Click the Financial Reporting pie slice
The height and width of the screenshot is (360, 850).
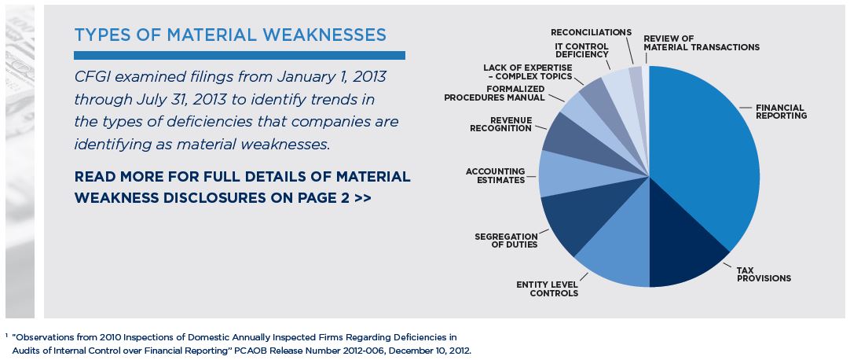tap(707, 157)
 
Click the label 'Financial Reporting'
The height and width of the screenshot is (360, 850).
tap(781, 111)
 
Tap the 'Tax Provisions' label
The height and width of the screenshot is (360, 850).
tap(763, 274)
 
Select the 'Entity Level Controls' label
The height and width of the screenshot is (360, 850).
tap(547, 288)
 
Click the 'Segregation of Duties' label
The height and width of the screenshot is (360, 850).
tap(506, 240)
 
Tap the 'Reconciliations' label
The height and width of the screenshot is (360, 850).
tap(591, 32)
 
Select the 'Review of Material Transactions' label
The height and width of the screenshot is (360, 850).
tap(701, 42)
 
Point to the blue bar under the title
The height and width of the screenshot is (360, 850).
tap(240, 56)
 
